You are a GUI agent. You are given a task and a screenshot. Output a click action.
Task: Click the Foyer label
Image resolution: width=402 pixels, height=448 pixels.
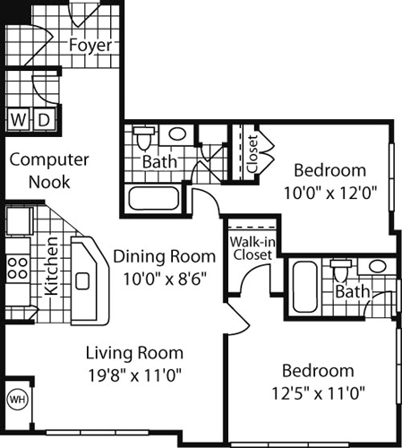90,45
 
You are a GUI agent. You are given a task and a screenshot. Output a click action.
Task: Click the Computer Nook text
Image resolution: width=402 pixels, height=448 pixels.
49,170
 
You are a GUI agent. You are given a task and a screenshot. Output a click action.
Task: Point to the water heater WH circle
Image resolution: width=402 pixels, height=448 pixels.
17,397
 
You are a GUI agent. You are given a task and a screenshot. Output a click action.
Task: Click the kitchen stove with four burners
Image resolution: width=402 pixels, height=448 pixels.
17,267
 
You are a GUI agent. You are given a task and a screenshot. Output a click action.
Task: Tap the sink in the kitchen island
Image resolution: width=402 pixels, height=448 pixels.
82,280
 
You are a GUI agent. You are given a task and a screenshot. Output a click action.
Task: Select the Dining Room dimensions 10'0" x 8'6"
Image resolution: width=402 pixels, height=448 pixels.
164,278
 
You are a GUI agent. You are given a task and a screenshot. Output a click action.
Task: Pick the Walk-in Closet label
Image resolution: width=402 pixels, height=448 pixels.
251,248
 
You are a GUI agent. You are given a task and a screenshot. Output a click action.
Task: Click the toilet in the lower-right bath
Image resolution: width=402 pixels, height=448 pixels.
340,268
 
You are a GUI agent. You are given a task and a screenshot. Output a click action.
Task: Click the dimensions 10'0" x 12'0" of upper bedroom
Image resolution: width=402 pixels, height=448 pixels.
329,191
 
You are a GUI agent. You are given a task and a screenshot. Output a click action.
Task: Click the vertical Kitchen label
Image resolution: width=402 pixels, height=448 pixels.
52,266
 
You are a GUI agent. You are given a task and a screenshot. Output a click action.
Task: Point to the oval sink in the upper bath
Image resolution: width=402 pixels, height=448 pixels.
177,135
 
